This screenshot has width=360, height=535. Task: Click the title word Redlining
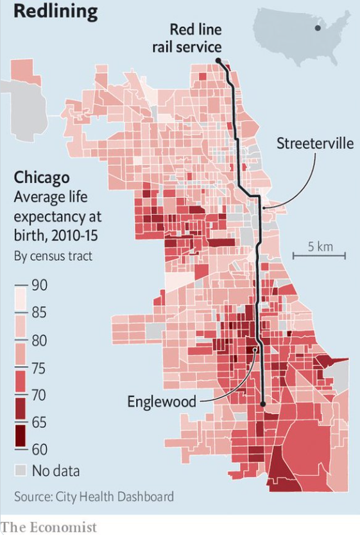click(x=56, y=12)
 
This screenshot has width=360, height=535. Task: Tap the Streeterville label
click(x=314, y=143)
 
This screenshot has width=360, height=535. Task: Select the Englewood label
click(x=160, y=402)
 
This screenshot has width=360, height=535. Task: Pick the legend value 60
click(x=40, y=449)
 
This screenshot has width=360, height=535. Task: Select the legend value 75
click(x=40, y=368)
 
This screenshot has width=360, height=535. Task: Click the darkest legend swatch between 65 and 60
click(x=22, y=435)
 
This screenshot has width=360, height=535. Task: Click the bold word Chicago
click(x=42, y=177)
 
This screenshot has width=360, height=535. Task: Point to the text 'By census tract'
click(x=53, y=256)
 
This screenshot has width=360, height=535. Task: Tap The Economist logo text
click(x=49, y=527)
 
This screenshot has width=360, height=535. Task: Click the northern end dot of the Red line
click(x=218, y=60)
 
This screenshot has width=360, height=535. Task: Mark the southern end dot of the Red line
click(x=263, y=404)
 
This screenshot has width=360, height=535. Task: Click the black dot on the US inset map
click(x=317, y=28)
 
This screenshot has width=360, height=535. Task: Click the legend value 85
click(x=40, y=313)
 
